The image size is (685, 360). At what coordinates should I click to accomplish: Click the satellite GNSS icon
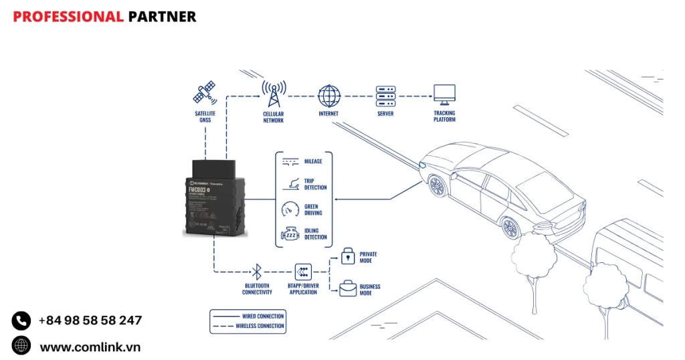204,94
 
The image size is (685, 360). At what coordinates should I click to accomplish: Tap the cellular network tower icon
273,94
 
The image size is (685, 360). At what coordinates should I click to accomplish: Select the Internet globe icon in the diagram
328,96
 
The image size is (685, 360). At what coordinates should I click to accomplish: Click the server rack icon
385,96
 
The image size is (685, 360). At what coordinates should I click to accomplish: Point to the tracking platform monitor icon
444,95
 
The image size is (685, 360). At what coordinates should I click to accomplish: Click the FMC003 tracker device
214,199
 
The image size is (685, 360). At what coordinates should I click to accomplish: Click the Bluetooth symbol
257,272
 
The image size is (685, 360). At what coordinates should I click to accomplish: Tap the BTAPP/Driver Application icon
303,272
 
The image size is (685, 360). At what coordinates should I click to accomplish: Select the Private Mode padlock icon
348,256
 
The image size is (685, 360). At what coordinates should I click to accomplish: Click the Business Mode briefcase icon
348,288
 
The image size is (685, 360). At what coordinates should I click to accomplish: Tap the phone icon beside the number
21,321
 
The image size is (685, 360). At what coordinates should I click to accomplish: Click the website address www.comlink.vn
90,347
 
